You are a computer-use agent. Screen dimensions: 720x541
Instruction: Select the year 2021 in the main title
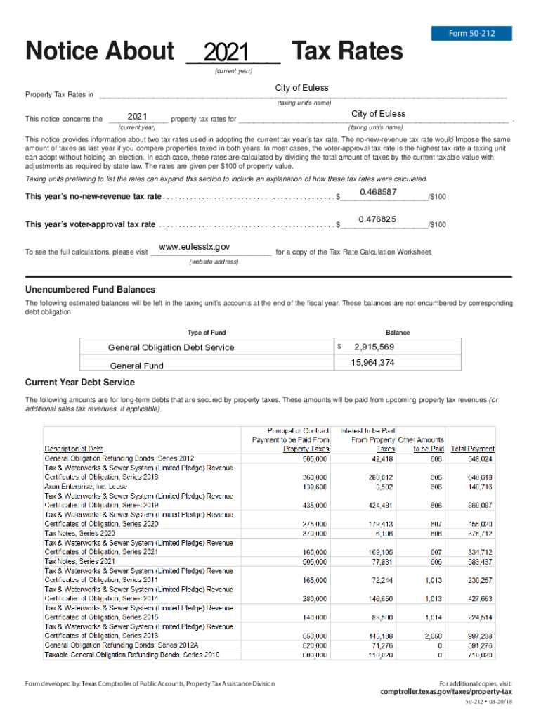click(x=226, y=53)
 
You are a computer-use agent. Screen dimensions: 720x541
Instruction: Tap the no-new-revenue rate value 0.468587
click(x=378, y=192)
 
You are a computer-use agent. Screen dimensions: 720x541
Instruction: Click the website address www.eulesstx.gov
click(x=195, y=247)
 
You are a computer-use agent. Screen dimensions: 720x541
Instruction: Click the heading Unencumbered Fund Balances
click(x=90, y=290)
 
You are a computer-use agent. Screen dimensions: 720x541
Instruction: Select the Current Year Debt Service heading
click(x=79, y=382)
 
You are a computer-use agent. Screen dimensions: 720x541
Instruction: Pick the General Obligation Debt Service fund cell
click(x=171, y=347)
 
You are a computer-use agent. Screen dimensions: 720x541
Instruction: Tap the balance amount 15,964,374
click(x=372, y=363)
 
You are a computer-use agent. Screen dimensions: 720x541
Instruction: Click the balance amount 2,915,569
click(x=374, y=347)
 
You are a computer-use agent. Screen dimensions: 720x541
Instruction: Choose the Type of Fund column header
click(x=207, y=333)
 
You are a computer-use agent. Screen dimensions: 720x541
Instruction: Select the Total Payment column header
click(x=472, y=449)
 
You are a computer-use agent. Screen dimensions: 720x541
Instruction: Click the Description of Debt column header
click(x=74, y=449)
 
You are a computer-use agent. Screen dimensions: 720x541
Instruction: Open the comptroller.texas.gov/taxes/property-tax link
click(x=446, y=692)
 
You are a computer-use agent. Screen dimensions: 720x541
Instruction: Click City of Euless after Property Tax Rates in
click(x=301, y=88)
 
